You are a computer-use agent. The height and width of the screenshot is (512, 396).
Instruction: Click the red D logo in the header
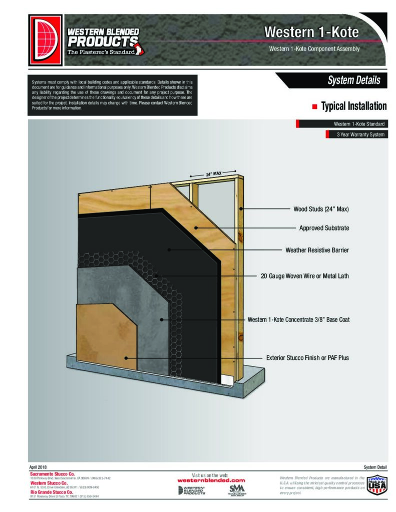[46, 40]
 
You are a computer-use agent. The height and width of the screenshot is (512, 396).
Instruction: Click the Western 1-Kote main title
[311, 32]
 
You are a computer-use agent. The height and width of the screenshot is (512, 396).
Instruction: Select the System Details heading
[353, 80]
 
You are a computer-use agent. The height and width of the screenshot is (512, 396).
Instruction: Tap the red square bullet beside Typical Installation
[315, 106]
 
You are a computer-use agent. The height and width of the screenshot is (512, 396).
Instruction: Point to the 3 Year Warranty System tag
[360, 134]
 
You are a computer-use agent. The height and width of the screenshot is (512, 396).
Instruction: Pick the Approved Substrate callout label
[324, 228]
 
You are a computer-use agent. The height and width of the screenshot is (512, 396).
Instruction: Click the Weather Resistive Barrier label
[317, 249]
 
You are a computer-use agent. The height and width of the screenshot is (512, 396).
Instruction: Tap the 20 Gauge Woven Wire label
[305, 275]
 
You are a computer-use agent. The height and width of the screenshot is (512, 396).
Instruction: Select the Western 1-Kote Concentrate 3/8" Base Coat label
[298, 319]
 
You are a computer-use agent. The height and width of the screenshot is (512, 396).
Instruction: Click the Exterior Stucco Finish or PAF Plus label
[307, 358]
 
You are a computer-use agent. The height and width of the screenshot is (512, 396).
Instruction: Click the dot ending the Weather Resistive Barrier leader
[169, 249]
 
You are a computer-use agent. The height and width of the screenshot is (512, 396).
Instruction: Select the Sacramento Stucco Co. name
[52, 473]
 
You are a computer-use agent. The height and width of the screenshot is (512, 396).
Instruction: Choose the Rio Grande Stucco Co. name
[53, 492]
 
